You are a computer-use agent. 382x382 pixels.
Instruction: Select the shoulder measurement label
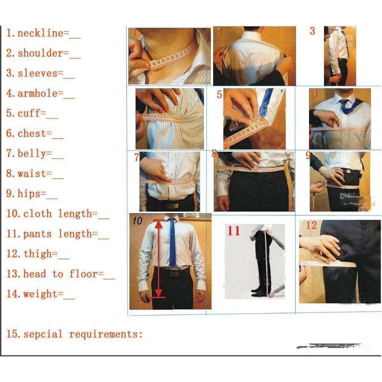tap(40, 53)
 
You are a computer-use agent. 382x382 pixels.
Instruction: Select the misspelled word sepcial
tap(43, 334)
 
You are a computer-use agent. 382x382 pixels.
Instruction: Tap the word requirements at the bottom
tap(103, 335)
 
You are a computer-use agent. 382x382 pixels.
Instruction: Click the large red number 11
tap(234, 231)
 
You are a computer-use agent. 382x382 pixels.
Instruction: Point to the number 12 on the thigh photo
tap(311, 225)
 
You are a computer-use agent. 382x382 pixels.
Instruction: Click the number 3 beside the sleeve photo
tap(312, 31)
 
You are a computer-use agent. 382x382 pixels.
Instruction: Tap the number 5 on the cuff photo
tap(219, 94)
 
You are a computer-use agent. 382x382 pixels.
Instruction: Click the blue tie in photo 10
tap(172, 243)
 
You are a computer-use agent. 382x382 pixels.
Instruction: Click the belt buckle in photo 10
tap(174, 274)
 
